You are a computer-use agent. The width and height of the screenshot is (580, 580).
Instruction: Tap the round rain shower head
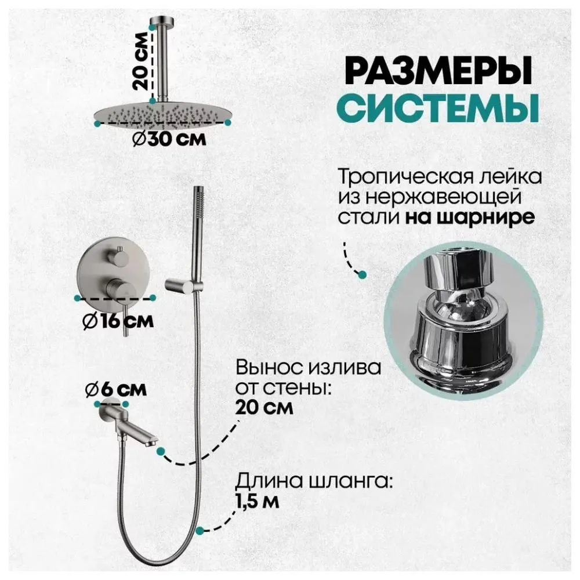click(162, 113)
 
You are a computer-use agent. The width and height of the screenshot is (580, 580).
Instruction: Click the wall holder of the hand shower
click(180, 284)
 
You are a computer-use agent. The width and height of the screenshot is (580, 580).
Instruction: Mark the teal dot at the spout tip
click(161, 449)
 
